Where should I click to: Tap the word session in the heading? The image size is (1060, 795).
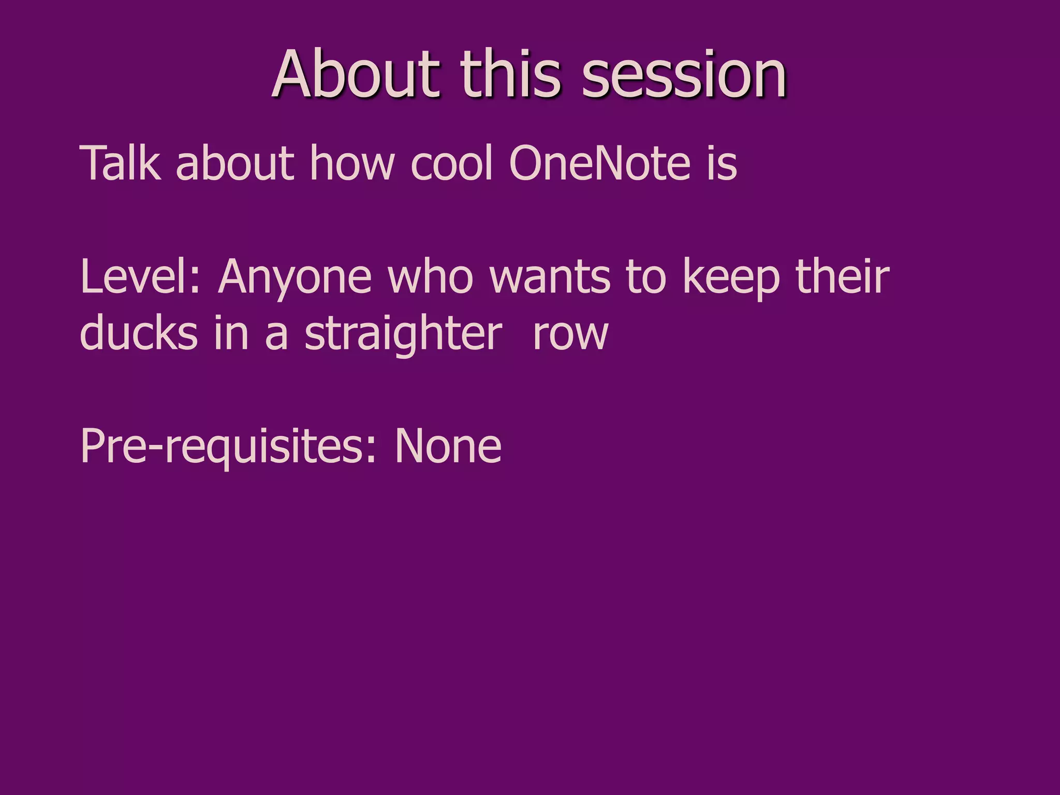[x=684, y=75]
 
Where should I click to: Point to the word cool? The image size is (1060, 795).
[x=451, y=164]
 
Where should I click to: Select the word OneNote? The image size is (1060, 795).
[x=600, y=164]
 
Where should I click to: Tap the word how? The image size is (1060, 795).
[x=352, y=164]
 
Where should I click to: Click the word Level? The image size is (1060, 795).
[x=140, y=277]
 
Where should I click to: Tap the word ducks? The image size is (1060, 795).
[x=139, y=333]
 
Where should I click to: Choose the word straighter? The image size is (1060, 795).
[x=403, y=334]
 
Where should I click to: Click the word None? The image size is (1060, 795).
[x=448, y=446]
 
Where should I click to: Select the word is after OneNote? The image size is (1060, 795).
[x=722, y=164]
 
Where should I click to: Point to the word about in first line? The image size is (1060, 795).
[x=235, y=164]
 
